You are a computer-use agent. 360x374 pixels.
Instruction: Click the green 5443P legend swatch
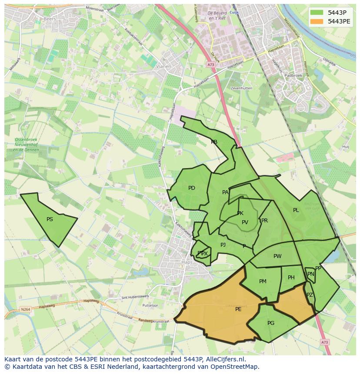click(317, 13)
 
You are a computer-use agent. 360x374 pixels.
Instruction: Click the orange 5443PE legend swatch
click(317, 21)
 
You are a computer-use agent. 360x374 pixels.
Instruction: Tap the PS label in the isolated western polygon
click(50, 219)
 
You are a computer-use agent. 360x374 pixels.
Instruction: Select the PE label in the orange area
click(238, 309)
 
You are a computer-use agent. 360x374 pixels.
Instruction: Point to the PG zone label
click(271, 323)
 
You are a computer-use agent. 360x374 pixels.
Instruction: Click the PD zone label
click(192, 188)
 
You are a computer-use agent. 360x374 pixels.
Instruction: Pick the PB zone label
click(214, 142)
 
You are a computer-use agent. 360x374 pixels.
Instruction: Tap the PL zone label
click(296, 210)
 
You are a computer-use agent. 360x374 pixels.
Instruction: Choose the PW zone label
click(277, 256)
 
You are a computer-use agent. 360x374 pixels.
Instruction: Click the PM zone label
click(263, 281)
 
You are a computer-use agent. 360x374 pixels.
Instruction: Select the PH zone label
click(291, 278)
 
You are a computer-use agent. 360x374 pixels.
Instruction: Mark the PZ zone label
click(310, 295)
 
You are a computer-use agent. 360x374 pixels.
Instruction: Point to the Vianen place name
click(164, 66)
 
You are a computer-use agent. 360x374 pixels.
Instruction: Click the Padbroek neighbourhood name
click(293, 75)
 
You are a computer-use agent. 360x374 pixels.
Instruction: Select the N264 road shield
click(26, 309)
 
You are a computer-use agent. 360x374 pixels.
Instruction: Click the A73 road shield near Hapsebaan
click(210, 65)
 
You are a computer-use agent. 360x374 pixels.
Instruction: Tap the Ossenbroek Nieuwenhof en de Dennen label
click(26, 145)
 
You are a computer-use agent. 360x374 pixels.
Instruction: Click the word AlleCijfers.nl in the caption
click(224, 359)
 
